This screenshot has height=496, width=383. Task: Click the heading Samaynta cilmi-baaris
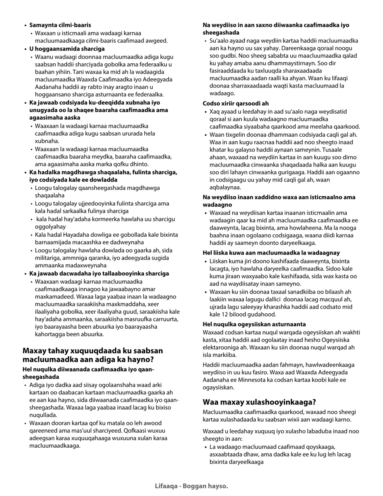click(x=60, y=25)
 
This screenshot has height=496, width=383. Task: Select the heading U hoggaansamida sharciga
click(x=67, y=49)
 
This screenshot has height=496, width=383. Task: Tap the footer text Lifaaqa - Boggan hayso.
click(x=191, y=486)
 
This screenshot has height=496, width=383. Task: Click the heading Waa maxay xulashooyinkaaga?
click(x=259, y=402)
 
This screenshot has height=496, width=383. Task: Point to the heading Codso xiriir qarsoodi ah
click(x=235, y=104)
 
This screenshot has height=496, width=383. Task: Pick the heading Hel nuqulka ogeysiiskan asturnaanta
click(x=254, y=324)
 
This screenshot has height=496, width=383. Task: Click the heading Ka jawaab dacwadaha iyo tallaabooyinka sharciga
click(x=99, y=273)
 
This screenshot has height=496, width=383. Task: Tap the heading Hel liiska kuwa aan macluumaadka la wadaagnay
click(x=271, y=253)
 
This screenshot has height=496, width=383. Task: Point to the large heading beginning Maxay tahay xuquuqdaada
click(x=93, y=355)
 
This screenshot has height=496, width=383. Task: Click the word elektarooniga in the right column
click(x=221, y=348)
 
